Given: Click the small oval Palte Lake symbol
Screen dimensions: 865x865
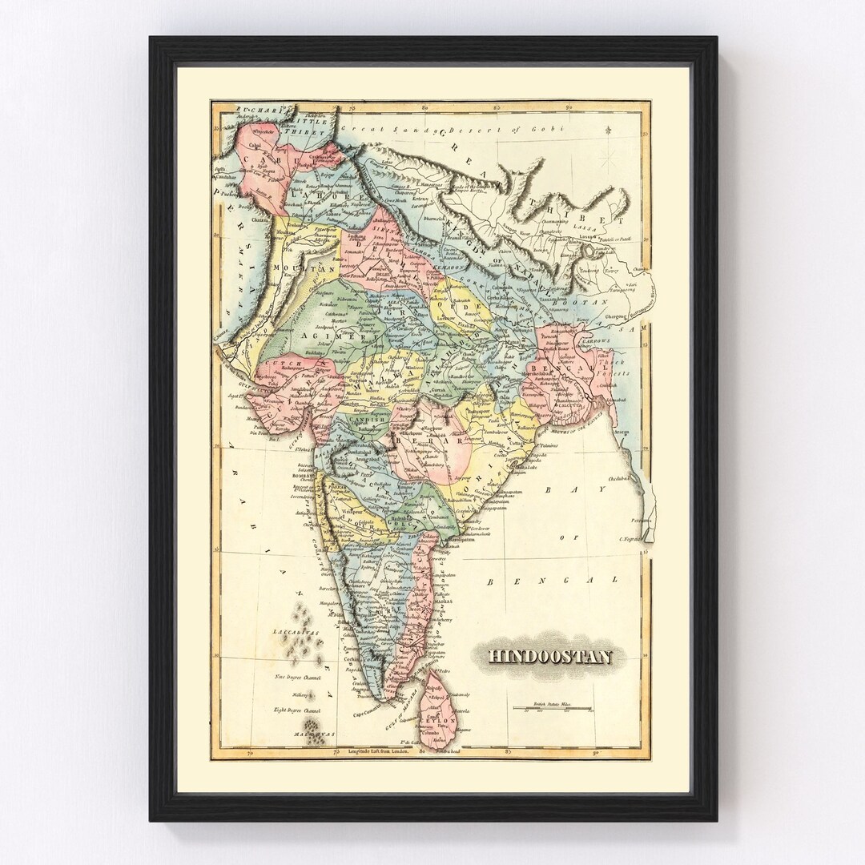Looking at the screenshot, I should coord(591,255).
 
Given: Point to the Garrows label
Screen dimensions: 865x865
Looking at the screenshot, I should coord(597,340).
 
